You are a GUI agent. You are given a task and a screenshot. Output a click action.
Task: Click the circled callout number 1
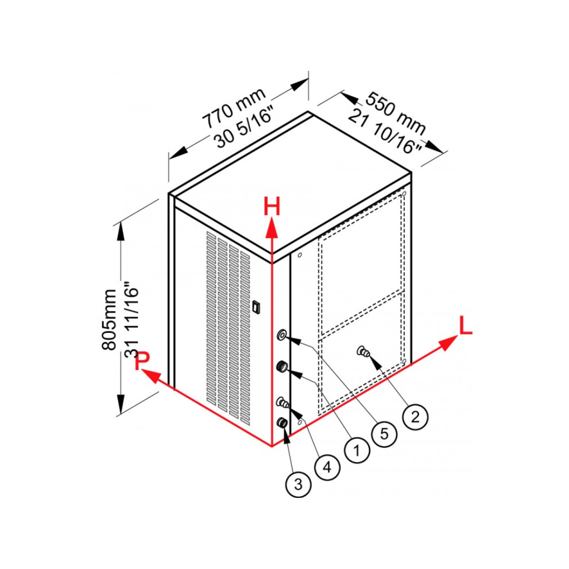[x=357, y=450]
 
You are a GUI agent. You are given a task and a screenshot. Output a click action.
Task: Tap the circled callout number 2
[x=416, y=417]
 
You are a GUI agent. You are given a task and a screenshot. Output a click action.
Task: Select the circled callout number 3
[x=298, y=484]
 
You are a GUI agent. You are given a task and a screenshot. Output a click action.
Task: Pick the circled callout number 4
[x=327, y=467]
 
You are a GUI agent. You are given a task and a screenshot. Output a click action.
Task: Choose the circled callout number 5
[x=384, y=434]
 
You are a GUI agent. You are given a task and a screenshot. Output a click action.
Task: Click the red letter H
[x=272, y=207]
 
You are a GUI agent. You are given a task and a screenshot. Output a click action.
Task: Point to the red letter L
[x=466, y=325]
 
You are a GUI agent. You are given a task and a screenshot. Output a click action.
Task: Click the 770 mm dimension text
[x=234, y=108]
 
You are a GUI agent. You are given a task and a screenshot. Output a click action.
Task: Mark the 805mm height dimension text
[x=109, y=320]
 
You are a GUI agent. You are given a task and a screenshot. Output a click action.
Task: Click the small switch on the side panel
[x=257, y=307]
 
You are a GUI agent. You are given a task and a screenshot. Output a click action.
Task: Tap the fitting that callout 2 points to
[x=363, y=351]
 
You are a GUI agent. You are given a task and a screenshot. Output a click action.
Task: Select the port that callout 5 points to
[x=281, y=335]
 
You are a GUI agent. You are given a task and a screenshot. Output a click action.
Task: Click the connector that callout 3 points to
[x=282, y=423]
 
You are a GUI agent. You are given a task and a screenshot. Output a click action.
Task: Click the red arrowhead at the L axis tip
[x=448, y=343]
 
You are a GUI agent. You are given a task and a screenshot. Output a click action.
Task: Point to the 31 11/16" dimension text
[x=132, y=320]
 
